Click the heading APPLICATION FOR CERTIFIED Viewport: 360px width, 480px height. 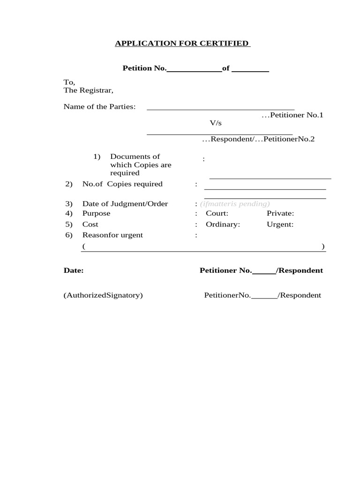[x=182, y=44]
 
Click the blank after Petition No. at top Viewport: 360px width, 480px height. [x=194, y=69]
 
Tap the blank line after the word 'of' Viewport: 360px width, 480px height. [x=250, y=69]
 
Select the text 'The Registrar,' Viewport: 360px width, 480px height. [x=89, y=90]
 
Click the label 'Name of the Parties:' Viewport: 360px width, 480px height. [x=99, y=107]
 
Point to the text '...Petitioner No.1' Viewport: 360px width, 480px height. [x=292, y=115]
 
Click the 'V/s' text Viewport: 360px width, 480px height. [x=215, y=123]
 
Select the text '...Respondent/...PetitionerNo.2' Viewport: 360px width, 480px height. [x=258, y=139]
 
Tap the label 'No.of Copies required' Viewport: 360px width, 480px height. [x=122, y=184]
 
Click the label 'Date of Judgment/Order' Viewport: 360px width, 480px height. [x=125, y=204]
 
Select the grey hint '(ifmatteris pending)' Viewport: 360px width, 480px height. [x=235, y=204]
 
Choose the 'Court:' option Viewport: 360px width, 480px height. [x=217, y=214]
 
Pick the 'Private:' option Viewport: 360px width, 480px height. [x=280, y=214]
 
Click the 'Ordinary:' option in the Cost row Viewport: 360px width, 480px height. [x=223, y=225]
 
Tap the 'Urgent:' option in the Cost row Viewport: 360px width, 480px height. [x=280, y=225]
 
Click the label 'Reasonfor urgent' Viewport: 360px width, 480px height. [x=112, y=235]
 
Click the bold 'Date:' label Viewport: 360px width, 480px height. [x=74, y=270]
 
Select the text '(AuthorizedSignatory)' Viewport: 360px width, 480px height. [x=103, y=295]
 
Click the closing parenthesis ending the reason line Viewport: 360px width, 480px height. [x=323, y=247]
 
